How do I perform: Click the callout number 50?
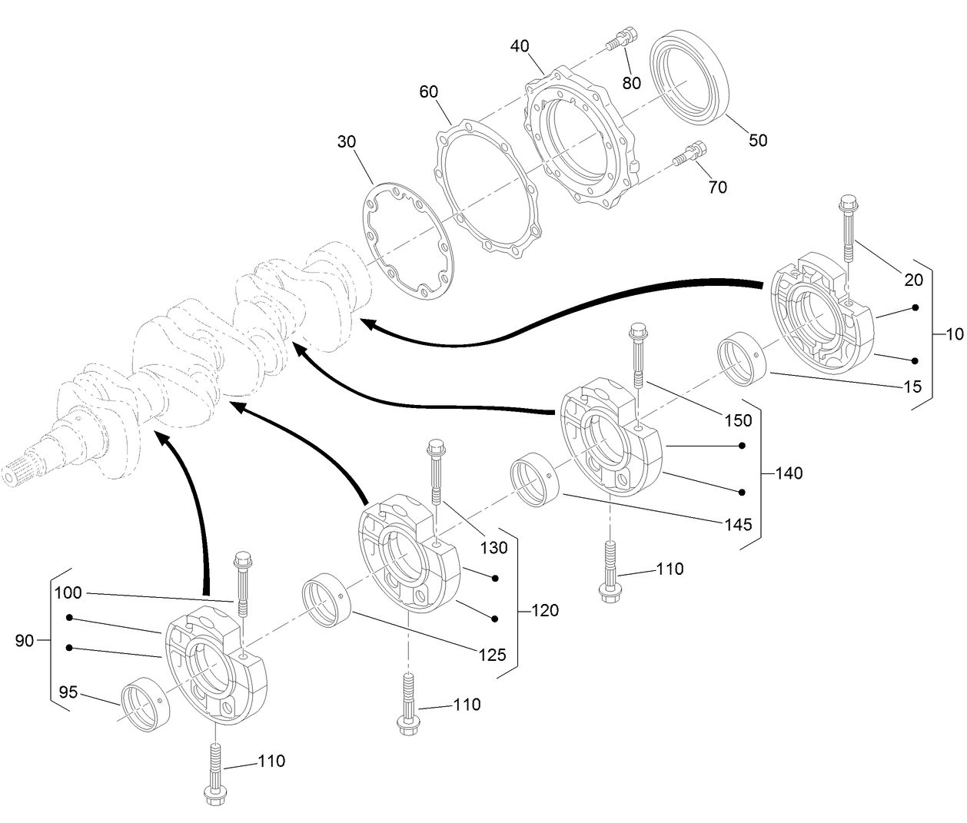(x=758, y=141)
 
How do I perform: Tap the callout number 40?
(x=520, y=46)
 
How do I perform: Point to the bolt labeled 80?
(x=620, y=39)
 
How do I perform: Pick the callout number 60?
(x=428, y=92)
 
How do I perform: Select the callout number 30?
(x=347, y=142)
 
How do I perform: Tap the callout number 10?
(x=954, y=334)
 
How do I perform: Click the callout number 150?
(x=737, y=420)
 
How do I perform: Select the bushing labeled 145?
(x=534, y=481)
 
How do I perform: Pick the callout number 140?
(x=789, y=473)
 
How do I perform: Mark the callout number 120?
(x=545, y=611)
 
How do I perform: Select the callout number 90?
(x=25, y=640)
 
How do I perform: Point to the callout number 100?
(x=68, y=593)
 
